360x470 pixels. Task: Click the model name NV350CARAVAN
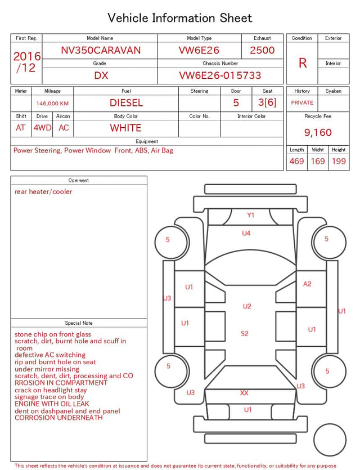pyautogui.click(x=101, y=50)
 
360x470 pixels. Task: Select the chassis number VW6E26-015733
pyautogui.click(x=220, y=75)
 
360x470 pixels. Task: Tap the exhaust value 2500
pyautogui.click(x=262, y=50)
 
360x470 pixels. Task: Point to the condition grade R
pyautogui.click(x=303, y=63)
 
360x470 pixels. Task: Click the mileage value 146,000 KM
pyautogui.click(x=52, y=104)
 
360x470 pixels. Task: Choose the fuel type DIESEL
pyautogui.click(x=126, y=103)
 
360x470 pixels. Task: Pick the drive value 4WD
pyautogui.click(x=42, y=128)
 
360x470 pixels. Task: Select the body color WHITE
pyautogui.click(x=125, y=128)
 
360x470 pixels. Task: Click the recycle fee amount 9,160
pyautogui.click(x=318, y=132)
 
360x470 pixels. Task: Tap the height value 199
pyautogui.click(x=339, y=161)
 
